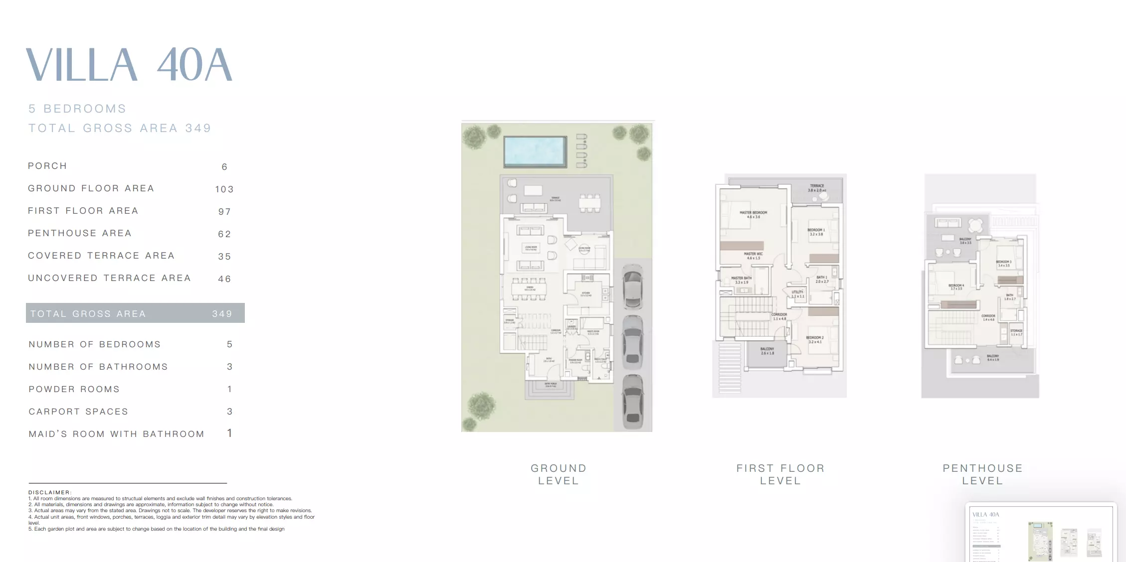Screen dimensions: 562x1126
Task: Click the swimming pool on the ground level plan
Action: coord(535,151)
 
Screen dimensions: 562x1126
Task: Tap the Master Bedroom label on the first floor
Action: coord(753,215)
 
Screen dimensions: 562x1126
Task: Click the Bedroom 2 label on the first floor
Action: coord(815,340)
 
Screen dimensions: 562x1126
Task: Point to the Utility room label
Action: coord(797,294)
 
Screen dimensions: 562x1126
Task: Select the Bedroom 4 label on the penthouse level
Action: coord(956,287)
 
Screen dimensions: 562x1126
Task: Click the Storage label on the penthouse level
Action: coord(1016,332)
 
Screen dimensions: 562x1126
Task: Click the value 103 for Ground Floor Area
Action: coord(224,189)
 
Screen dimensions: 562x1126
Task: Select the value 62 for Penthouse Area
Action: coord(224,234)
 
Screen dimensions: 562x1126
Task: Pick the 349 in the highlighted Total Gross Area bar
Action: coord(222,314)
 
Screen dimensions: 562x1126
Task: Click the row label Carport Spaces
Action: coord(78,412)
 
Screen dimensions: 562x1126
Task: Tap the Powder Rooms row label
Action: coord(74,389)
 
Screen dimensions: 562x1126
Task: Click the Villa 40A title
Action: coord(129,65)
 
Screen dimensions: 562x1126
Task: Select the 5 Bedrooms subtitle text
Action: coord(77,109)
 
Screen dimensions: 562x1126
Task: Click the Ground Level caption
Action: coord(559,474)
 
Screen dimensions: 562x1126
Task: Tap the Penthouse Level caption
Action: coord(982,474)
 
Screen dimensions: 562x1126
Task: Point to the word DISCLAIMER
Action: coord(50,492)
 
